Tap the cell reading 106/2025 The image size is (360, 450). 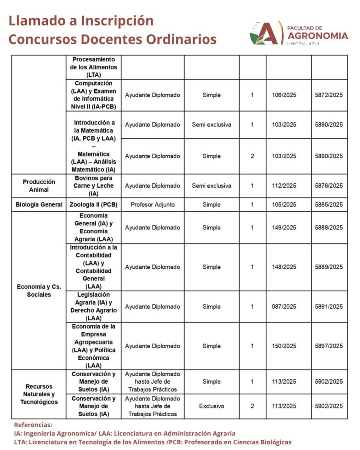tap(284, 95)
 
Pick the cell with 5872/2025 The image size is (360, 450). tap(329, 95)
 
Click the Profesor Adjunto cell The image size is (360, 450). tap(153, 204)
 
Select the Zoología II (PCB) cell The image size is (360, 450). tap(94, 204)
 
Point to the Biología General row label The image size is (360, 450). tap(39, 204)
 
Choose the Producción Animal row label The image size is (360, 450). tap(39, 185)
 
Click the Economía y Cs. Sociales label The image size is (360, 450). tap(39, 290)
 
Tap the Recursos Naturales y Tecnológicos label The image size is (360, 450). tap(39, 394)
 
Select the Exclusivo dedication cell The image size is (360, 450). tap(211, 406)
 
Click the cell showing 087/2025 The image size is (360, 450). tap(284, 306)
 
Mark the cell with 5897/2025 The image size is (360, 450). tap(329, 346)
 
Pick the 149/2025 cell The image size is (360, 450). tap(284, 228)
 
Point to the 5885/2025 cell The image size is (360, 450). tap(329, 204)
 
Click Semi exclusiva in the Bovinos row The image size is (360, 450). tap(211, 185)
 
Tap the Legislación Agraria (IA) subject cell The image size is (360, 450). tap(94, 306)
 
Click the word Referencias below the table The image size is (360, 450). tap(33, 425)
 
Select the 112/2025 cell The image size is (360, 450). tap(284, 185)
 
